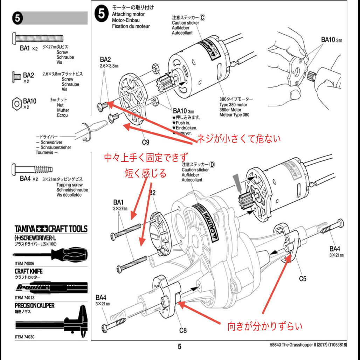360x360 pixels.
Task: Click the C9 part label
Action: [x=146, y=142]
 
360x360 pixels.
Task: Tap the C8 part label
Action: [x=183, y=330]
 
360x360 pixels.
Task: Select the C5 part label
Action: [x=303, y=279]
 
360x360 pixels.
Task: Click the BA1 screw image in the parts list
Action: [x=37, y=37]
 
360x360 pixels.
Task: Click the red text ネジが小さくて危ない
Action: [x=239, y=139]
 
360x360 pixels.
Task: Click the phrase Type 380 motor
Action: [x=233, y=105]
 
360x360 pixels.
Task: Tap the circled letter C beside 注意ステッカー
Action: [x=202, y=17]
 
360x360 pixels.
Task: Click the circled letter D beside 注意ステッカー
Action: [x=212, y=165]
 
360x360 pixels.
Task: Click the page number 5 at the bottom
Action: [x=179, y=347]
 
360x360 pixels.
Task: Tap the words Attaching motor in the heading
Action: [x=128, y=14]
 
